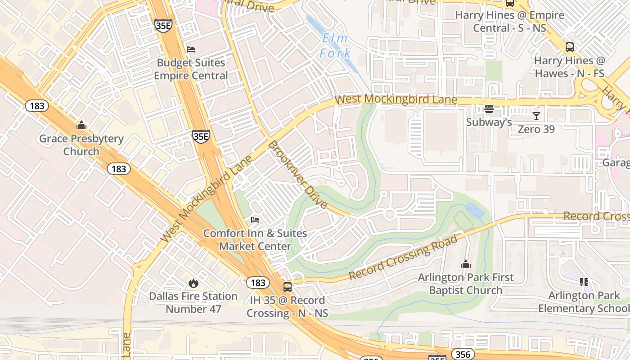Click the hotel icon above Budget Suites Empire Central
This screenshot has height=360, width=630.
pyautogui.click(x=191, y=49)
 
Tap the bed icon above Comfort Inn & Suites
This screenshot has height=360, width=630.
pyautogui.click(x=255, y=220)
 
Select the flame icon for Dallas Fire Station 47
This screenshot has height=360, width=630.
pyautogui.click(x=193, y=283)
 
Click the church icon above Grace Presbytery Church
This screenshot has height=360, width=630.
pyautogui.click(x=81, y=125)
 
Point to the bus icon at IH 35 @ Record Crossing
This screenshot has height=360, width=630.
pyautogui.click(x=287, y=287)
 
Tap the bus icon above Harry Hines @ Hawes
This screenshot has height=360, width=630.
pyautogui.click(x=570, y=47)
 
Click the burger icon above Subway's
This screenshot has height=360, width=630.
pyautogui.click(x=489, y=109)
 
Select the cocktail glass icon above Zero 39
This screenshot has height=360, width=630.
pyautogui.click(x=536, y=116)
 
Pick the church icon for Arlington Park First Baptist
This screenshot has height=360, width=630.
pyautogui.click(x=466, y=264)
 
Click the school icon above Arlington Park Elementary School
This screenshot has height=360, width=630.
pyautogui.click(x=584, y=282)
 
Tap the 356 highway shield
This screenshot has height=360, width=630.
pyautogui.click(x=463, y=354)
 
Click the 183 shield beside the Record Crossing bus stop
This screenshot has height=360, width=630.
pyautogui.click(x=258, y=283)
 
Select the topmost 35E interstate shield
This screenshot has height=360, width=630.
pyautogui.click(x=163, y=25)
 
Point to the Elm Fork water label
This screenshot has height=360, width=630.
pyautogui.click(x=335, y=46)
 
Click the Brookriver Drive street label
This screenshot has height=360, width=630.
pyautogui.click(x=297, y=175)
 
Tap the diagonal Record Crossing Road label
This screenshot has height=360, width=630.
pyautogui.click(x=403, y=257)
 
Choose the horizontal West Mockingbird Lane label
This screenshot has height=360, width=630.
pyautogui.click(x=396, y=99)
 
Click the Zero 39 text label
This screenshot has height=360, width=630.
pyautogui.click(x=536, y=130)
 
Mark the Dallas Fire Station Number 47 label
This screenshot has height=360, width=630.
pyautogui.click(x=193, y=303)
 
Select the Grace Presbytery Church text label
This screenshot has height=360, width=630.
pyautogui.click(x=81, y=145)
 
